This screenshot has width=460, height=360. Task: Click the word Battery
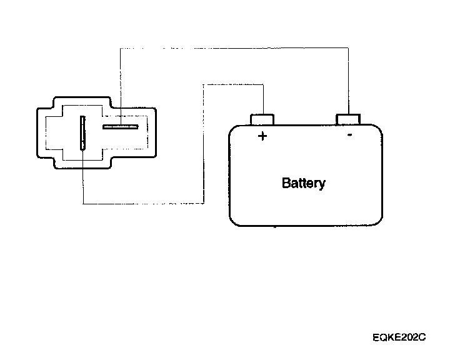coord(304,183)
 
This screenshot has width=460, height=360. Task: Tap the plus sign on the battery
coord(262,136)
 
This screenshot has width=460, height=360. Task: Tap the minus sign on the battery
coord(349,134)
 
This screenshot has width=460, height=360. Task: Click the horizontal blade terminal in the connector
coord(120,127)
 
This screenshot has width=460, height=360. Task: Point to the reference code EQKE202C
coord(398,337)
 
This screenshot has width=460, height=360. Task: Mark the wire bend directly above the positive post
coord(262,83)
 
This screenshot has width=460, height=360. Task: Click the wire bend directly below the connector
coord(82,203)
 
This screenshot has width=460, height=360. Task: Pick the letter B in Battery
coord(286,183)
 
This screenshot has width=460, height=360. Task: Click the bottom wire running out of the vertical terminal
coord(144,203)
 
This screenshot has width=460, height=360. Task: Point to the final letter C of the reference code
coord(422,337)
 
